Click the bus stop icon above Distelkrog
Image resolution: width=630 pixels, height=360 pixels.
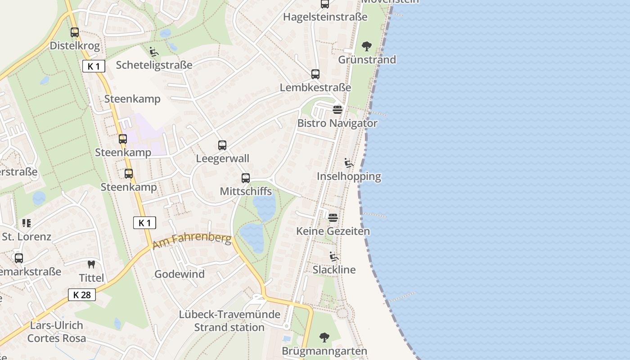click(x=75, y=32)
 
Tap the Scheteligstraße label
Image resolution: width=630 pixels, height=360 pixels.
click(x=154, y=65)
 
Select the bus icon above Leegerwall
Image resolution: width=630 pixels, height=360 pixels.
click(x=222, y=145)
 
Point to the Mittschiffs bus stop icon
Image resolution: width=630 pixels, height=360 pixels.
click(x=246, y=178)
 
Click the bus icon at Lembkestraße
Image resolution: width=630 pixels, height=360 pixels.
click(x=315, y=74)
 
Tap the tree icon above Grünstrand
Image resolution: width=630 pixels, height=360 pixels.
click(x=367, y=46)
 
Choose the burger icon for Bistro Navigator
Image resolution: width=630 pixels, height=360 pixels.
click(x=337, y=110)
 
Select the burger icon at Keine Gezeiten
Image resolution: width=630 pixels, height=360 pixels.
click(x=333, y=218)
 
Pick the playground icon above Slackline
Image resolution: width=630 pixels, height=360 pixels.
click(x=334, y=256)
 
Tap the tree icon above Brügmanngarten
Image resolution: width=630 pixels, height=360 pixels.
click(x=324, y=337)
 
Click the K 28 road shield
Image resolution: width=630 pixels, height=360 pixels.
click(x=82, y=295)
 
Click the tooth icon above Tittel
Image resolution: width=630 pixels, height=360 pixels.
click(x=91, y=265)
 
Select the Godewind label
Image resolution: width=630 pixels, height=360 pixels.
click(x=180, y=274)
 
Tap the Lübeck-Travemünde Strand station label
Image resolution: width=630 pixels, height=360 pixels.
click(x=229, y=321)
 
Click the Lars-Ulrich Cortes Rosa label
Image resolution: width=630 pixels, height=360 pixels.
click(x=57, y=332)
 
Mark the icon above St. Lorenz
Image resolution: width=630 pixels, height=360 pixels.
click(x=27, y=223)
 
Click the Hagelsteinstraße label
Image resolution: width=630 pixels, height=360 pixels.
click(x=325, y=17)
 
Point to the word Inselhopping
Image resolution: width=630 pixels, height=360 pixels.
click(x=349, y=176)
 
